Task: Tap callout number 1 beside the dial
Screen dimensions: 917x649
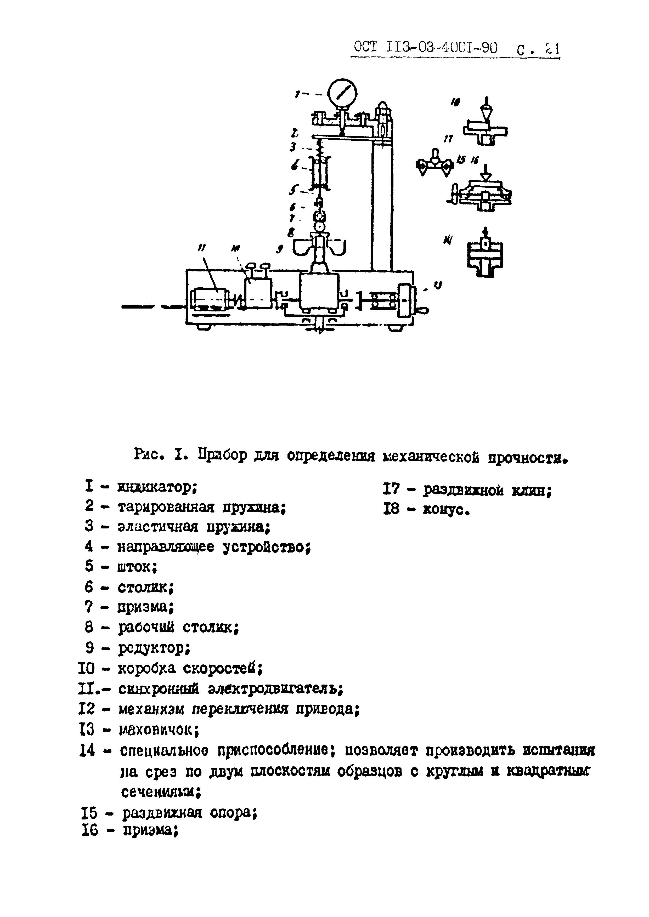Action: click(297, 94)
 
